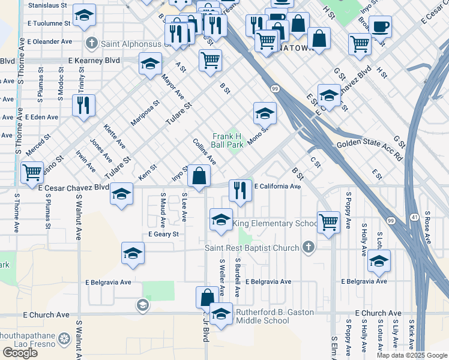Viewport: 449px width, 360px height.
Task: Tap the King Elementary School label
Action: point(275,224)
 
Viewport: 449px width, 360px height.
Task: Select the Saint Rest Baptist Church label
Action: point(252,248)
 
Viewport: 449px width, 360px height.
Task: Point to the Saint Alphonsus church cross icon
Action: point(91,43)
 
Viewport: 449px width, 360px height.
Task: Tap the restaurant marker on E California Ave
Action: point(240,191)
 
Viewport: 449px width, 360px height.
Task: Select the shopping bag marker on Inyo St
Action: point(199,177)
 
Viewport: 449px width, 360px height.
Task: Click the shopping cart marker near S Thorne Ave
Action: point(32,173)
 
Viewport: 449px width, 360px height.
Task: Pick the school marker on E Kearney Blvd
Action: point(149,64)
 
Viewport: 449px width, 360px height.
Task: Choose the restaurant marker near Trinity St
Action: point(83,106)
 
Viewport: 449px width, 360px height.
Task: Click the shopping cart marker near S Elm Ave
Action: point(328,222)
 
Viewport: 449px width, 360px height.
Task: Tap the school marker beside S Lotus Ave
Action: point(379,261)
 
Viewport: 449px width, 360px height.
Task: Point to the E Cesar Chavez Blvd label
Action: point(73,187)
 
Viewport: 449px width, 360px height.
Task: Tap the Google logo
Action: point(20,353)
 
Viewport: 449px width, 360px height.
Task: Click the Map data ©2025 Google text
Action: point(411,355)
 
